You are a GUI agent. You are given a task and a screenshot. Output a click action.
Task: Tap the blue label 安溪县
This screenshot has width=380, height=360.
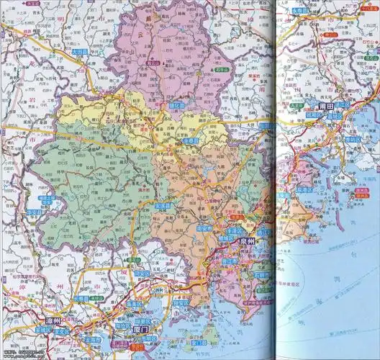click(x=164, y=206)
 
